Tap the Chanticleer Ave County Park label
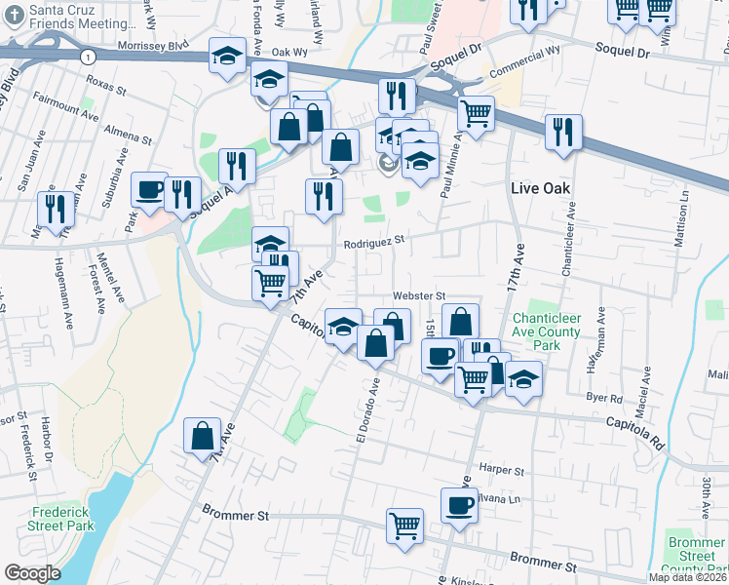(x=546, y=332)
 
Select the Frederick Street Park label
(x=60, y=519)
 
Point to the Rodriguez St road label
(x=372, y=239)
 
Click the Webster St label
(x=418, y=295)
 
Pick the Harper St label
(x=502, y=469)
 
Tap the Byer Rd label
(x=605, y=398)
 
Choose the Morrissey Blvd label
(x=151, y=46)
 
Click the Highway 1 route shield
(x=89, y=58)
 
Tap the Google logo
(x=32, y=573)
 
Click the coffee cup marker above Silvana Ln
(x=459, y=505)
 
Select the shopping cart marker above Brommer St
(x=404, y=526)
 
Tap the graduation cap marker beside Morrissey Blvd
(x=227, y=55)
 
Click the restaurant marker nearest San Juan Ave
(x=54, y=208)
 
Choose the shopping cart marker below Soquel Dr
(x=476, y=112)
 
